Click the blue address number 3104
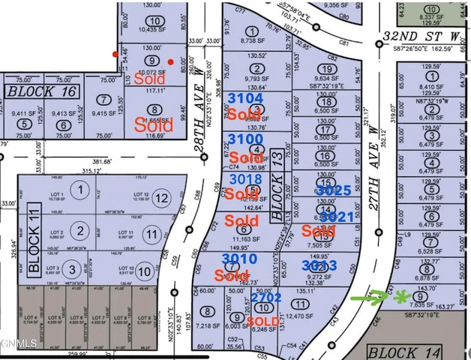click(x=245, y=98)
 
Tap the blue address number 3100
click(x=245, y=139)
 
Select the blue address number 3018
click(x=245, y=179)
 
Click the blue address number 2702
click(x=265, y=298)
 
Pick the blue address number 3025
click(x=334, y=190)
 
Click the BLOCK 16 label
click(x=42, y=91)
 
